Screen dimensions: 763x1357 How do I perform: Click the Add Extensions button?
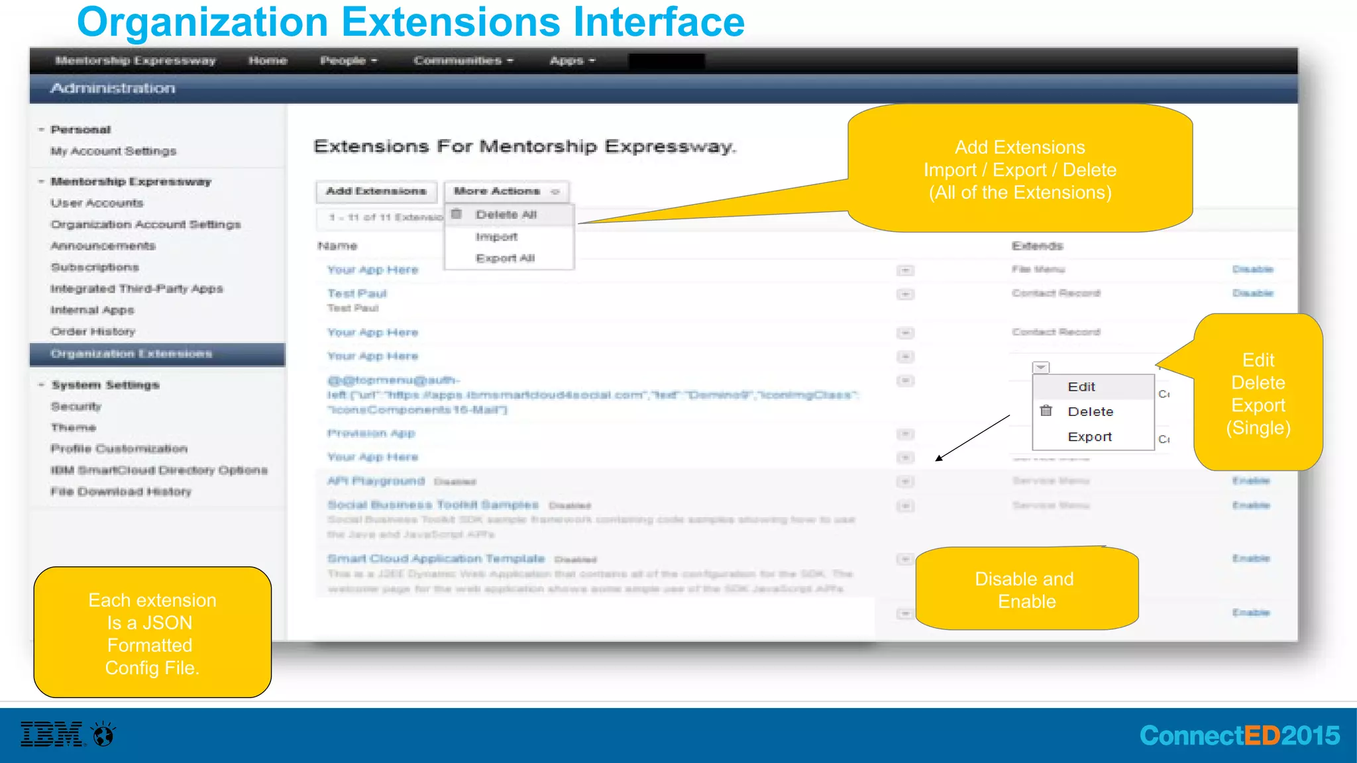[376, 191]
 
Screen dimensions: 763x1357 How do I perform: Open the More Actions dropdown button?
[506, 191]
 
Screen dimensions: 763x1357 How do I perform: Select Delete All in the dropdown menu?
[506, 215]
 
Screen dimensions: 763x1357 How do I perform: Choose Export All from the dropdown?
[505, 258]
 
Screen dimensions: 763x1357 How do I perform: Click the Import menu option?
[496, 236]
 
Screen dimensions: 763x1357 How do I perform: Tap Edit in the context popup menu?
[1081, 387]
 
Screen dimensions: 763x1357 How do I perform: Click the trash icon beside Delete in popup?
[1046, 411]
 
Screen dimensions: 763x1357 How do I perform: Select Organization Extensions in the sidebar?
[131, 354]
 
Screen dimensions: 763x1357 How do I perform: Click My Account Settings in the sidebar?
[113, 151]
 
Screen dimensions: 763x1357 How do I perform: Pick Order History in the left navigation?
[93, 331]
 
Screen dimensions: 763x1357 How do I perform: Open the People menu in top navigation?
[349, 61]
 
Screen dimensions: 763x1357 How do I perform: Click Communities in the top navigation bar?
[463, 61]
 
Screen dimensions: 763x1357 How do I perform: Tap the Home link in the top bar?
[268, 61]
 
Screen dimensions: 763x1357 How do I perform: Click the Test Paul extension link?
[356, 293]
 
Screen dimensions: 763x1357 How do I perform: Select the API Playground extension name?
[376, 481]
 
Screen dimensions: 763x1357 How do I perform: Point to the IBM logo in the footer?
[52, 735]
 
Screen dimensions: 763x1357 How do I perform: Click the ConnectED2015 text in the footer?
[1239, 736]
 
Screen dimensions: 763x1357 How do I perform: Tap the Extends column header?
[1037, 246]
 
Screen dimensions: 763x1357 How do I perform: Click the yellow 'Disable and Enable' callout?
[1026, 589]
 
